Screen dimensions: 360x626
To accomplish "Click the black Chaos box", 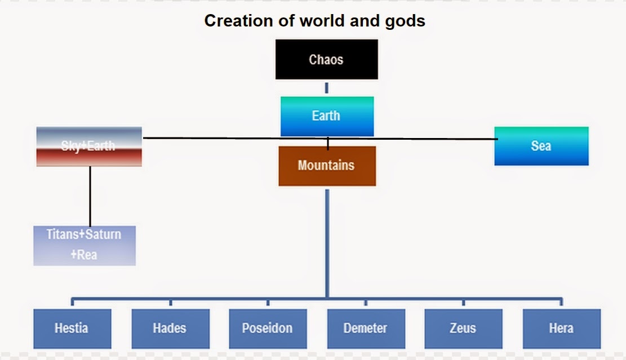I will [x=326, y=59].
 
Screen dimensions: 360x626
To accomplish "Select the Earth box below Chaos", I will [x=327, y=116].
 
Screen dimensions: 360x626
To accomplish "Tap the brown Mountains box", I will [x=327, y=166].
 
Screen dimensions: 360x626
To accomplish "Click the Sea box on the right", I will [x=541, y=146].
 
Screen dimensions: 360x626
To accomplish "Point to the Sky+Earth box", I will [x=89, y=146].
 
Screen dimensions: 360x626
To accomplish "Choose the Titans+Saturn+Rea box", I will [x=85, y=245].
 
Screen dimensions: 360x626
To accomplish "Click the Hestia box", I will [x=72, y=328].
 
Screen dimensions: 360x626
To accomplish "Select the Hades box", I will [x=170, y=328].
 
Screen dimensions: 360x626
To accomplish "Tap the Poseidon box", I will [x=268, y=328].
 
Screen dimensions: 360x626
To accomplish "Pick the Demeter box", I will [x=366, y=328].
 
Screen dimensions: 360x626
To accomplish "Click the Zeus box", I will [x=463, y=328].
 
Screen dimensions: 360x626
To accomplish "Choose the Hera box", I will [x=561, y=328].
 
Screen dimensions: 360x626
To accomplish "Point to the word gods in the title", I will [x=404, y=21].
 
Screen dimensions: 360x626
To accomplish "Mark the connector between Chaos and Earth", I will [x=327, y=88].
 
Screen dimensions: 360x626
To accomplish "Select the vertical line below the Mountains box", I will [x=327, y=242].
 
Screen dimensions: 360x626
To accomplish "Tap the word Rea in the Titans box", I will [x=87, y=255].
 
